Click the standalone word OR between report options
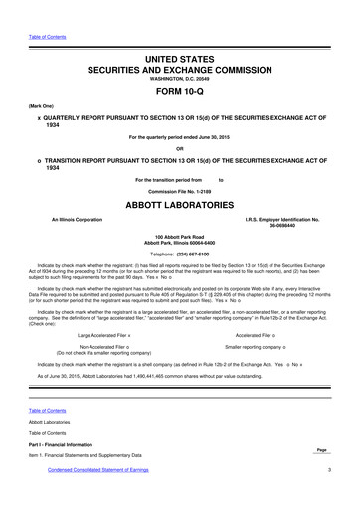pyautogui.click(x=179, y=150)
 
